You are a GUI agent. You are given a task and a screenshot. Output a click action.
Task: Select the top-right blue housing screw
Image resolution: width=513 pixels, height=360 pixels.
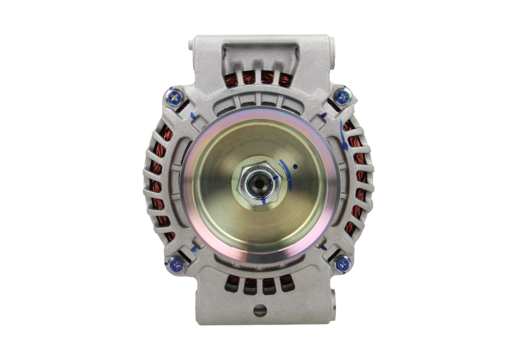[x=342, y=97]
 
